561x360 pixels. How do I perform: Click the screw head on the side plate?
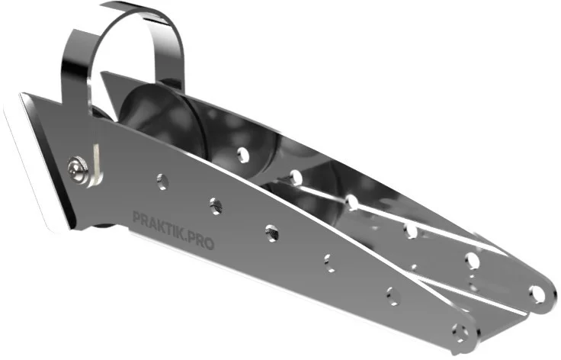click(x=78, y=169)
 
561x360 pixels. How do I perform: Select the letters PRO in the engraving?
click(x=202, y=242)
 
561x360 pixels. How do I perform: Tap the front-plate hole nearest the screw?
click(x=162, y=182)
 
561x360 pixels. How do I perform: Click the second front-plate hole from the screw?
click(x=216, y=207)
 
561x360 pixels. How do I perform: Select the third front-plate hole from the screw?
click(x=272, y=233)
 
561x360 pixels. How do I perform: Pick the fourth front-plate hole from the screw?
click(x=329, y=263)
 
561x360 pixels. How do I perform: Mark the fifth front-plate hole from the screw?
click(x=393, y=297)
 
